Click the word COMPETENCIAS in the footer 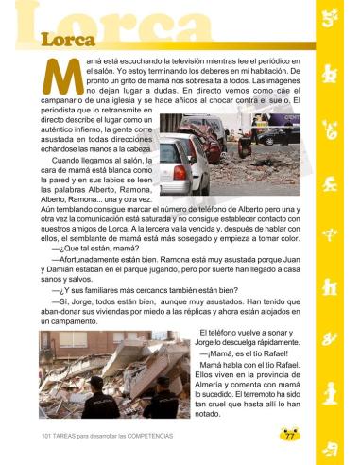pos(149,436)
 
